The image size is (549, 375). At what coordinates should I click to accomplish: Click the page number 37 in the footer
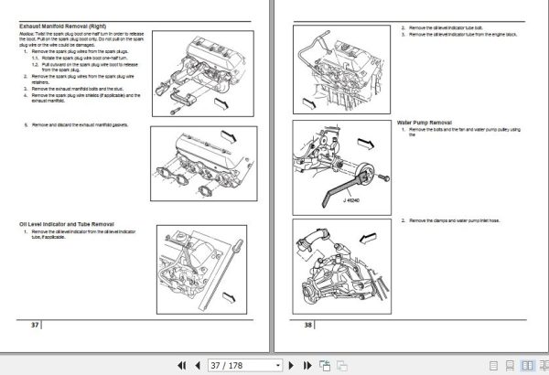coord(35,326)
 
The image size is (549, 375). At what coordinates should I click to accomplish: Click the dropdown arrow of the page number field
coord(277,364)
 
